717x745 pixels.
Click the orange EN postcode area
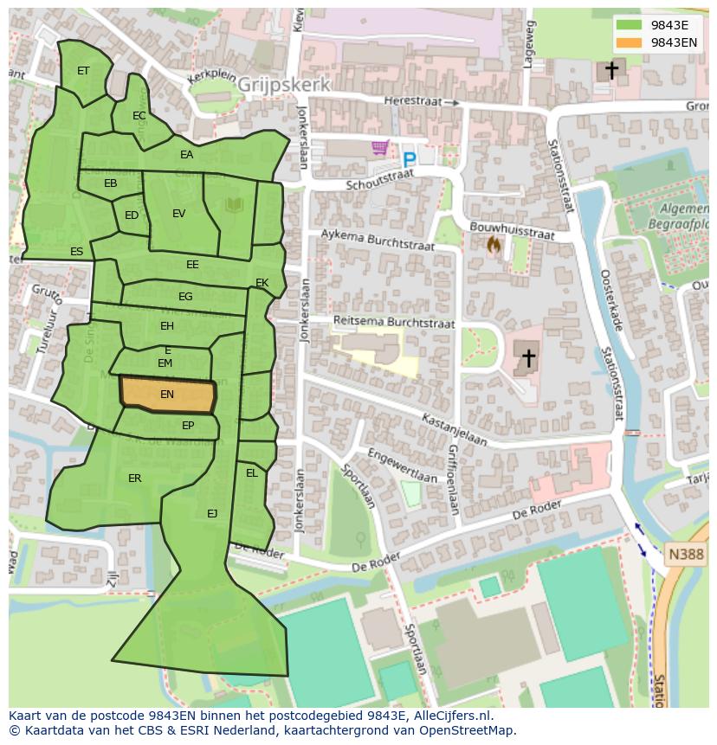coord(167,395)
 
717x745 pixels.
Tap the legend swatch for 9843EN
coord(630,42)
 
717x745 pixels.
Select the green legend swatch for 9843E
coord(630,25)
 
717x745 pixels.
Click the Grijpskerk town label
coord(283,85)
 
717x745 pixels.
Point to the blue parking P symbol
coord(409,159)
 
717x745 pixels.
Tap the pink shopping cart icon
coord(379,148)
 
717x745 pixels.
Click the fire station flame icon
coord(494,246)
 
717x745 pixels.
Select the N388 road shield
coord(686,554)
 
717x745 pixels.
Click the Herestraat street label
coord(413,101)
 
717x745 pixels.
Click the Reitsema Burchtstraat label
coord(394,322)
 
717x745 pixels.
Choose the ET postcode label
coord(83,71)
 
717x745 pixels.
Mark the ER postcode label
coord(135,478)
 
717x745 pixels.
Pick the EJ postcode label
coord(212,514)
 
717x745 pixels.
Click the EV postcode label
coord(178,214)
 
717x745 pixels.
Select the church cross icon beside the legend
coord(610,70)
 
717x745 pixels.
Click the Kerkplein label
coord(213,76)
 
